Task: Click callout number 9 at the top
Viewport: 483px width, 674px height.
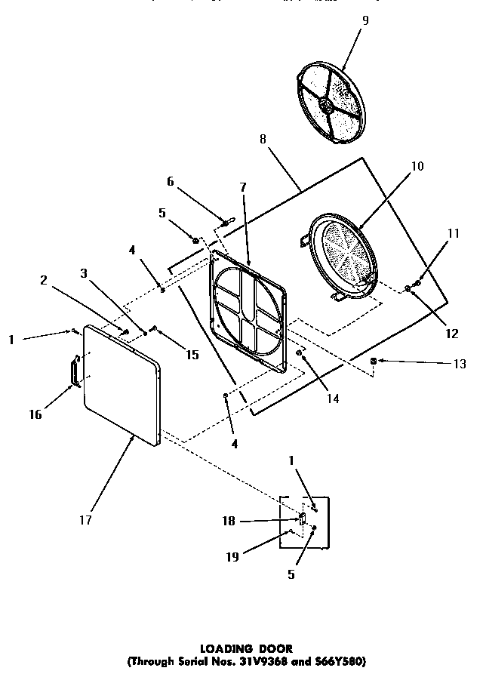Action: (x=365, y=20)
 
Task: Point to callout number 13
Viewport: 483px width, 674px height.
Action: (x=459, y=364)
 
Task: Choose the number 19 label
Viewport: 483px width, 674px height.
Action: (x=233, y=557)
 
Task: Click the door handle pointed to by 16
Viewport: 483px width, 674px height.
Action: (x=74, y=373)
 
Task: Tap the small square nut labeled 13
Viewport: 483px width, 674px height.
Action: (x=374, y=362)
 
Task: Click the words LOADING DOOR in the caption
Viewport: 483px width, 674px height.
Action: (x=245, y=648)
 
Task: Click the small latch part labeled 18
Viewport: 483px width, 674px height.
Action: (x=300, y=519)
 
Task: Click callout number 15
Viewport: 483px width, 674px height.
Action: (x=192, y=353)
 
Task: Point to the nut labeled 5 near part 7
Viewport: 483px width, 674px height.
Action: (x=195, y=241)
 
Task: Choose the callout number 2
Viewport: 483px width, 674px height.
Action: (x=44, y=280)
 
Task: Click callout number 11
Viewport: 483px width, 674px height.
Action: (x=453, y=234)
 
